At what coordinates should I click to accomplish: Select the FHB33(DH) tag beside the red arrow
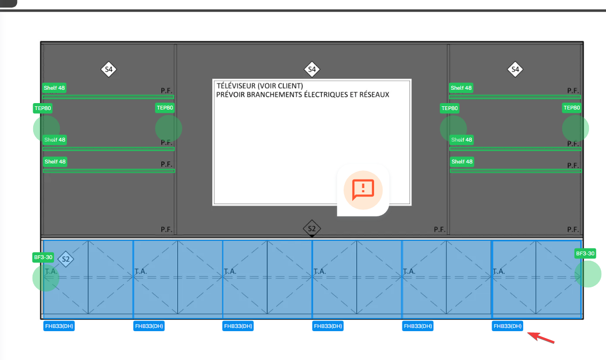pyautogui.click(x=508, y=326)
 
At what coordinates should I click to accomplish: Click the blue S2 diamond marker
pyautogui.click(x=66, y=260)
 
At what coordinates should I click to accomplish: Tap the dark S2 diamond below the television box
pyautogui.click(x=312, y=229)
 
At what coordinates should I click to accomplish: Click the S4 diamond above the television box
pyautogui.click(x=312, y=69)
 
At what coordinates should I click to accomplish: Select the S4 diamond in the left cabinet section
pyautogui.click(x=109, y=69)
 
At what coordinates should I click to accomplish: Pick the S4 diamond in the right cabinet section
pyautogui.click(x=515, y=69)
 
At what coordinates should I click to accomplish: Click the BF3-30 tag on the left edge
pyautogui.click(x=43, y=257)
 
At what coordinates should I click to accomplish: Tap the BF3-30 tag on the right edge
pyautogui.click(x=585, y=253)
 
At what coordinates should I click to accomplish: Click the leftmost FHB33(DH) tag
pyautogui.click(x=59, y=326)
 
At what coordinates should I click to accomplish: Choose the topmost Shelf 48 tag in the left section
pyautogui.click(x=55, y=88)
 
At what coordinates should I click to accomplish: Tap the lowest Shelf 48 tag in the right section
pyautogui.click(x=461, y=161)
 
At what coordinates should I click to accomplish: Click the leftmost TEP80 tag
pyautogui.click(x=43, y=108)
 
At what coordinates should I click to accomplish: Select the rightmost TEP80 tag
pyautogui.click(x=571, y=108)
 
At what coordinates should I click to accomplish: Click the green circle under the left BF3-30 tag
pyautogui.click(x=46, y=278)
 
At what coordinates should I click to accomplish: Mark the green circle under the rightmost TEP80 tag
pyautogui.click(x=576, y=129)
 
